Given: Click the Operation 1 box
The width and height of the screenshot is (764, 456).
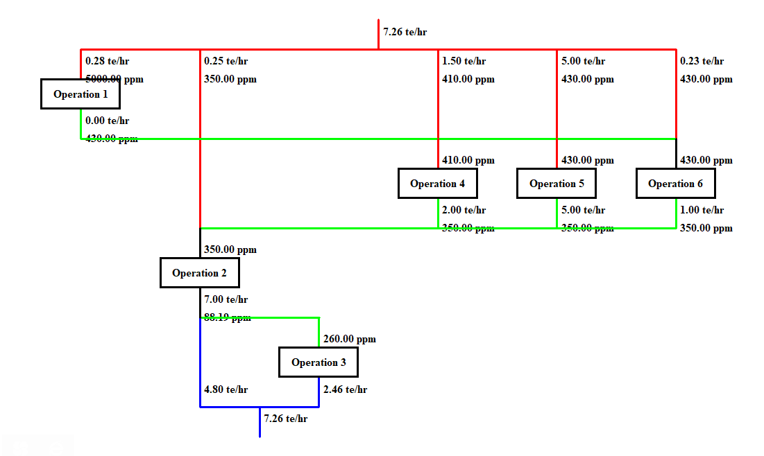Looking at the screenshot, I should point(80,94).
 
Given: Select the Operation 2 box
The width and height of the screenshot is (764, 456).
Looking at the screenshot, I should point(200,273).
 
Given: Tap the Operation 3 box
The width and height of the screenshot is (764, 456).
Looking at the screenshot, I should point(319,362).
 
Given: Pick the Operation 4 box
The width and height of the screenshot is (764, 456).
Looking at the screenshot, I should point(438,184).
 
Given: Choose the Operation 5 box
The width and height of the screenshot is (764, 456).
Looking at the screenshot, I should point(557,184).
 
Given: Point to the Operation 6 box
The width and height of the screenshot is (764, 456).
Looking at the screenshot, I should point(676,184).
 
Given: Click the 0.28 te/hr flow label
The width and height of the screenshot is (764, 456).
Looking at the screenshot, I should point(107,61).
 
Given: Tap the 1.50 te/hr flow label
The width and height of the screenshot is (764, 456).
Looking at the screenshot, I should point(464,61).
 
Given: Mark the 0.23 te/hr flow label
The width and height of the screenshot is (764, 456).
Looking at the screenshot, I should point(702,61).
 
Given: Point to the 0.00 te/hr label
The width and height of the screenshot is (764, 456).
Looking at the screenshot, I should point(107,121).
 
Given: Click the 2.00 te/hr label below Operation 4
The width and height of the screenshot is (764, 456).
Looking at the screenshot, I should point(464,210).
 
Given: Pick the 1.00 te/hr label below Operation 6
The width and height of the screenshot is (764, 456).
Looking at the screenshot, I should point(702,210).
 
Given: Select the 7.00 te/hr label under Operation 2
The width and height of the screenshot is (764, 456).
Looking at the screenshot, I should point(226,299).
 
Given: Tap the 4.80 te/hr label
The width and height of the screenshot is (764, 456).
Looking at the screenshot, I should point(226,389).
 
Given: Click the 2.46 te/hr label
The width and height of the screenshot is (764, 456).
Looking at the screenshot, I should point(345,389).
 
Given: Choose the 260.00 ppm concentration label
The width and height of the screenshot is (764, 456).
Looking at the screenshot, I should point(350,339).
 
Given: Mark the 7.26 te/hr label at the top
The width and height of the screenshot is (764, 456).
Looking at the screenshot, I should point(405,31).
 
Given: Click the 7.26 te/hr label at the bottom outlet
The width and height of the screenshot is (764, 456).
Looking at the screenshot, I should point(285,419).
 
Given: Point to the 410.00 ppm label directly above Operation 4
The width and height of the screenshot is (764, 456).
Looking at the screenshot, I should point(468,160).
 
